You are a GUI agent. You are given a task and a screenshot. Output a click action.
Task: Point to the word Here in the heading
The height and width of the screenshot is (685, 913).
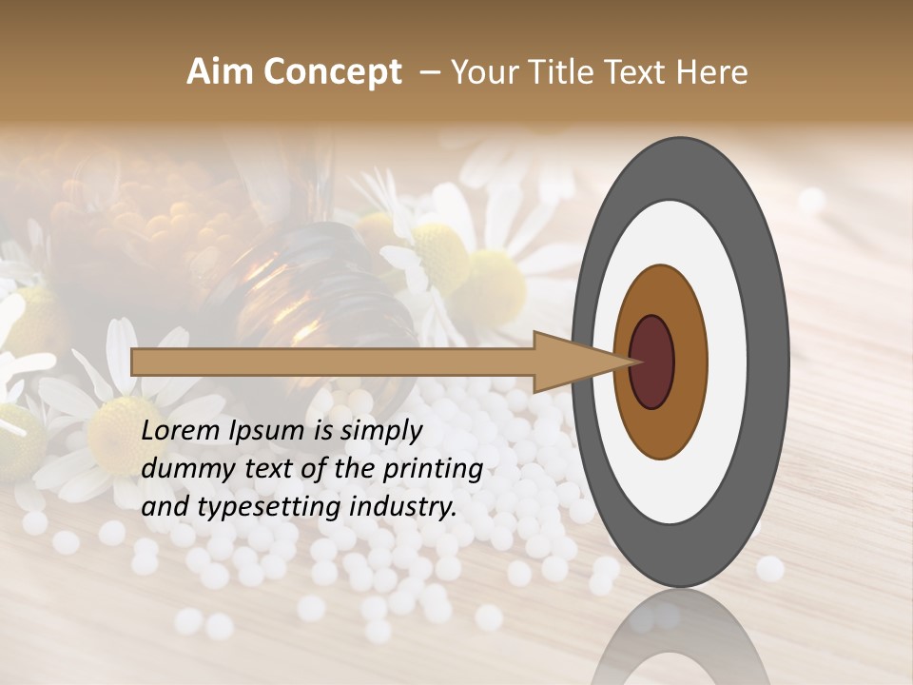pyautogui.click(x=713, y=72)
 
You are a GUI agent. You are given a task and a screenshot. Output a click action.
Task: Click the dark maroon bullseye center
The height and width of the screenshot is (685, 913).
pyautogui.click(x=652, y=362)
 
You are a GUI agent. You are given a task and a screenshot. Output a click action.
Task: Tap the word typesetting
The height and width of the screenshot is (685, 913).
pyautogui.click(x=253, y=508)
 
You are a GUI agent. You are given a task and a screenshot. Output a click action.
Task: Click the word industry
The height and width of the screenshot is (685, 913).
pyautogui.click(x=403, y=507)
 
